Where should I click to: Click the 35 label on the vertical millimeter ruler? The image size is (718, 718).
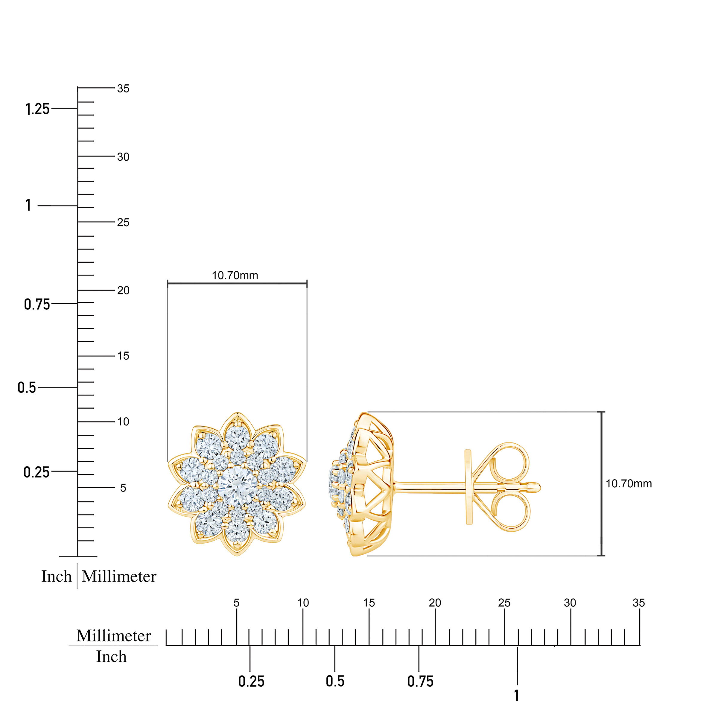(x=123, y=89)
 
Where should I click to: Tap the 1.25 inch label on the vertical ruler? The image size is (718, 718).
(x=37, y=109)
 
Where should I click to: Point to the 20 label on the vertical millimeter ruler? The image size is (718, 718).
(x=123, y=290)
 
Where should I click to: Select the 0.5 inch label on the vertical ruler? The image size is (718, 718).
(x=27, y=388)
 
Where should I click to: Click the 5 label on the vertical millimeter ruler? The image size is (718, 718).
(x=123, y=488)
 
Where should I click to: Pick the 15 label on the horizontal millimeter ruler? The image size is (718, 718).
(x=369, y=603)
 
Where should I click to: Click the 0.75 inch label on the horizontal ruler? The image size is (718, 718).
(x=420, y=682)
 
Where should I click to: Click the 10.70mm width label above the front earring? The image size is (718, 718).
(x=235, y=275)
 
